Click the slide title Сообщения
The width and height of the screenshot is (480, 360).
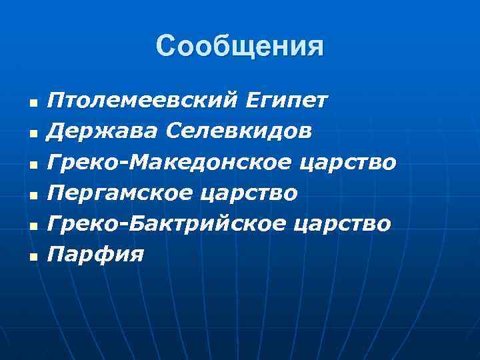click(x=240, y=47)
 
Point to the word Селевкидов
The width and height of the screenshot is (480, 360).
click(x=238, y=131)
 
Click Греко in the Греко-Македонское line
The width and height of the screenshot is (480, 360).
click(x=75, y=162)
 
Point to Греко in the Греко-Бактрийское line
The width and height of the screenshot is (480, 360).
click(x=75, y=223)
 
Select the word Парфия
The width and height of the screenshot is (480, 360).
click(x=95, y=254)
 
